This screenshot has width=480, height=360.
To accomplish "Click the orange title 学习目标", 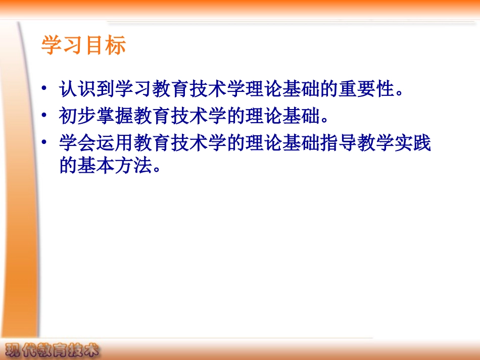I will pos(83,45).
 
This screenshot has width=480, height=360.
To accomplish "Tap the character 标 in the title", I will pos(115,45).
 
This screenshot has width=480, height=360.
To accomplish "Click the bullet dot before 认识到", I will pos(45,89).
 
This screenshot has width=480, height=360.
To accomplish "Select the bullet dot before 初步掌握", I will pos(45,117).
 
